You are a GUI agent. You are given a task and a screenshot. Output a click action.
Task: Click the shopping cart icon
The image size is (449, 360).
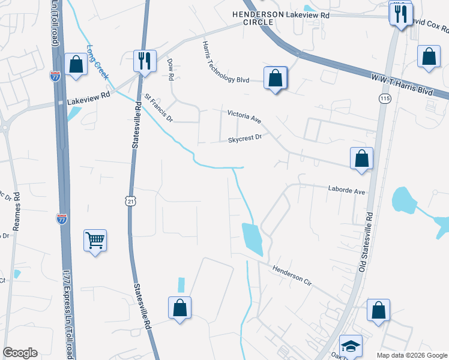pyautogui.click(x=95, y=241)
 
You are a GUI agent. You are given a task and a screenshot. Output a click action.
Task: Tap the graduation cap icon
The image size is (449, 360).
pyautogui.click(x=351, y=346)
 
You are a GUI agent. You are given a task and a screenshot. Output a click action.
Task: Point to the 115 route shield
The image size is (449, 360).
pyautogui.click(x=385, y=97)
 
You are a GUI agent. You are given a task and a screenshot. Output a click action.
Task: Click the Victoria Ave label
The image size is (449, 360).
pyautogui.click(x=244, y=116)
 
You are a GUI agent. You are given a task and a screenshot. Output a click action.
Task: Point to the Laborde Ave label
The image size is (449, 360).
pyautogui.click(x=346, y=191)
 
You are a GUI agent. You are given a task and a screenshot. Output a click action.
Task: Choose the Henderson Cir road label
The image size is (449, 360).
pyautogui.click(x=294, y=276)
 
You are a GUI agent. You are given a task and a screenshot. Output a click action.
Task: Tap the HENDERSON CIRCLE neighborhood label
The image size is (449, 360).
pyautogui.click(x=250, y=17)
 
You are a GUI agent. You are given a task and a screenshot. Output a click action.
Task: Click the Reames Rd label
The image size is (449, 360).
pyautogui.click(x=17, y=211)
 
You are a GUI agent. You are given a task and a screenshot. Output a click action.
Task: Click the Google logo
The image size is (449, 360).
pyautogui.click(x=20, y=353)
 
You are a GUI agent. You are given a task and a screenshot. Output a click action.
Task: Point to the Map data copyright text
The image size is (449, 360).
pyautogui.click(x=412, y=355)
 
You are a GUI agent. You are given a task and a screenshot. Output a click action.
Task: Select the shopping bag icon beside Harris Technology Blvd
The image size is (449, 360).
pyautogui.click(x=275, y=78)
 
